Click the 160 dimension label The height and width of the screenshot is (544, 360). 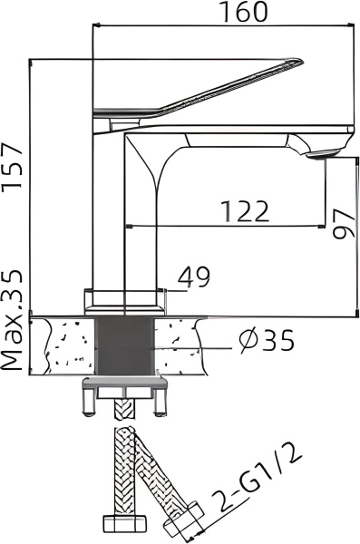(x=245, y=12)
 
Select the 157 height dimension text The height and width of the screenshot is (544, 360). (x=12, y=167)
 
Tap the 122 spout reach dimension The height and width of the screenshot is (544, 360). (x=245, y=211)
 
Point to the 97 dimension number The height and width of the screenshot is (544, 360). (x=344, y=224)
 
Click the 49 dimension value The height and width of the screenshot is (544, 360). (x=194, y=277)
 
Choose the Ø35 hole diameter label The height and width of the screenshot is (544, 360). (x=267, y=340)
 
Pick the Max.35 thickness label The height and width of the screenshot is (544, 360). (x=12, y=320)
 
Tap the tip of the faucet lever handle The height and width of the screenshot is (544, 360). (x=301, y=61)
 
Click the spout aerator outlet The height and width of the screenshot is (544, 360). (x=324, y=154)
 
